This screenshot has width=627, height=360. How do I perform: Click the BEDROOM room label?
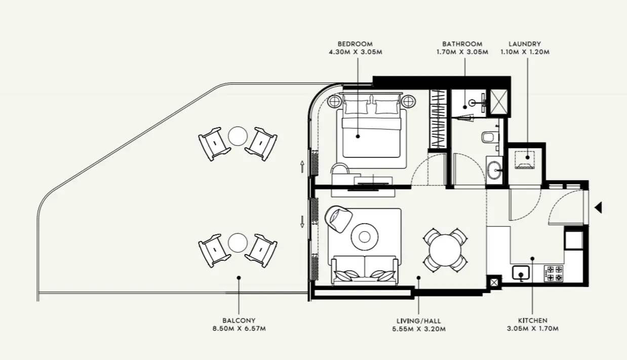tap(355, 44)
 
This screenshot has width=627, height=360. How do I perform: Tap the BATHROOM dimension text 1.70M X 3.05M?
tap(462, 52)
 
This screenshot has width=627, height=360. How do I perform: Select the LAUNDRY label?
tap(525, 44)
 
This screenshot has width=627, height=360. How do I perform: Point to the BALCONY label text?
tap(239, 321)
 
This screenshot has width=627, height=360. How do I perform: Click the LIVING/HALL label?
tap(418, 321)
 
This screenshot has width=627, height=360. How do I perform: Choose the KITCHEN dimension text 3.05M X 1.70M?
tap(532, 329)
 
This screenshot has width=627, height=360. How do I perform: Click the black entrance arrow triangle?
tap(598, 208)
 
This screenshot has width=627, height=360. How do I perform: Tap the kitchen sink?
tap(521, 273)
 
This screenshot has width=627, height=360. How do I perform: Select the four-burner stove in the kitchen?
tap(554, 273)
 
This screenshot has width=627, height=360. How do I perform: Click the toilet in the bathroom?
tap(490, 137)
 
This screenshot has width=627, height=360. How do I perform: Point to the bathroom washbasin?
tap(494, 170)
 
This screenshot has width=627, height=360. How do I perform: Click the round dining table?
tap(445, 250)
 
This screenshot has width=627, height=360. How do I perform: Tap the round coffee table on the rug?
tap(365, 237)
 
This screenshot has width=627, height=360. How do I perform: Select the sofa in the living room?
tap(365, 270)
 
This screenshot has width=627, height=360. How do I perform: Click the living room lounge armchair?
tap(338, 219)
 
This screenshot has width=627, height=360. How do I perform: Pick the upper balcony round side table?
tap(238, 136)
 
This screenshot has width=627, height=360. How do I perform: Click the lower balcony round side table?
tap(238, 243)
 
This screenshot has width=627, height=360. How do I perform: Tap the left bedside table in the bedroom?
tap(334, 101)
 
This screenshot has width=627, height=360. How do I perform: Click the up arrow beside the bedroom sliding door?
tap(302, 167)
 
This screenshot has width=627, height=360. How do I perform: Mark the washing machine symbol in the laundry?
tap(525, 160)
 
